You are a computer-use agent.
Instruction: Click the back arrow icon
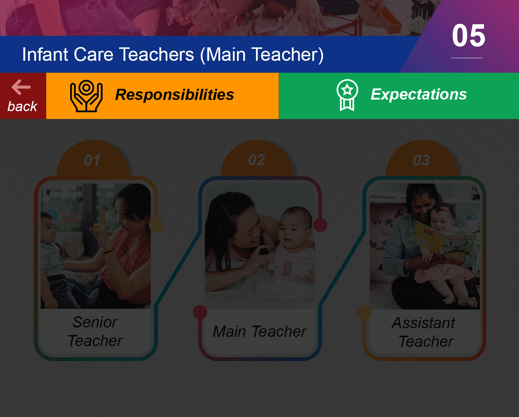(x=21, y=87)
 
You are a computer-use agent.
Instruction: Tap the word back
(x=22, y=106)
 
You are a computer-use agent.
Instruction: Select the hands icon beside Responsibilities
(x=86, y=96)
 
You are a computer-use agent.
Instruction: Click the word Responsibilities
(x=174, y=94)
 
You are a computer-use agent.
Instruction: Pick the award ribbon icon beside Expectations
(x=347, y=95)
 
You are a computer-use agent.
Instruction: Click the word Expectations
(x=419, y=94)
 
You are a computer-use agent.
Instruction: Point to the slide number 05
(x=468, y=36)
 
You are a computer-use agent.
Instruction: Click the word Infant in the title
(x=45, y=54)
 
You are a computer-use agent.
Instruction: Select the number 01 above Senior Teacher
(x=92, y=160)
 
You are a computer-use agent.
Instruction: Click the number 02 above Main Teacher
(x=257, y=160)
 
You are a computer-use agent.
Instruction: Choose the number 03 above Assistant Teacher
(x=421, y=160)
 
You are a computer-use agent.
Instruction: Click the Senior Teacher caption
(x=95, y=331)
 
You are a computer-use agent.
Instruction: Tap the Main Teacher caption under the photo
(x=260, y=331)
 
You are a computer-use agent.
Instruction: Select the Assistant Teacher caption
(x=424, y=332)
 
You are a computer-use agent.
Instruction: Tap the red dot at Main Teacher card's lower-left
(x=200, y=312)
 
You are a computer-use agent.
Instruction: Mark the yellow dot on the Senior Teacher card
(x=156, y=225)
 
